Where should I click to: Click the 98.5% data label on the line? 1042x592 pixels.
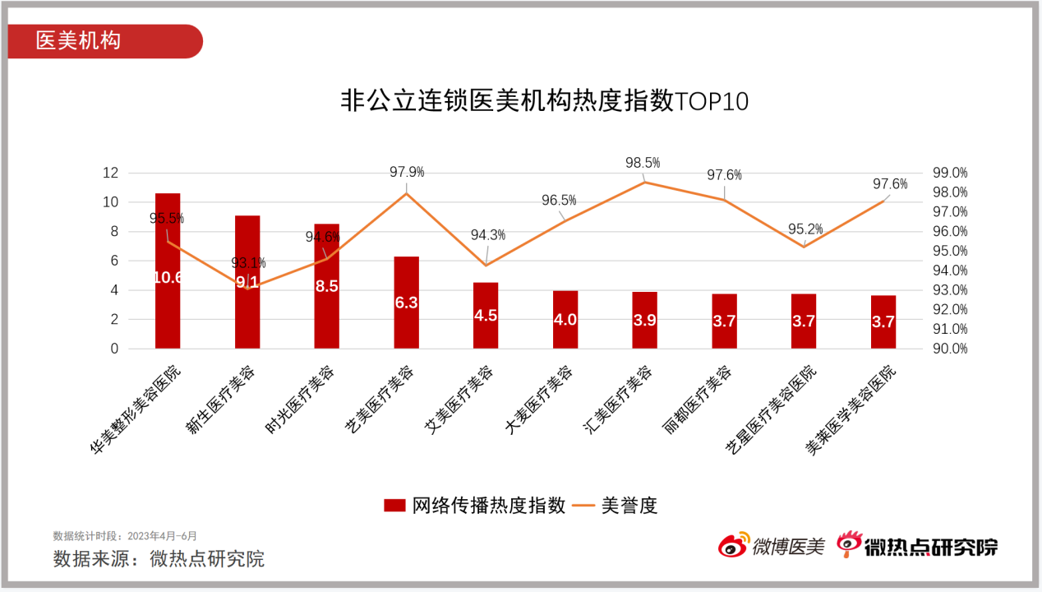coord(643,163)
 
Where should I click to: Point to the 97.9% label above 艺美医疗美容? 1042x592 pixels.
coord(407,172)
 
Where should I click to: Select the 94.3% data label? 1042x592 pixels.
coord(488,235)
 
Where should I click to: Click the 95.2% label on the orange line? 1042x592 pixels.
coord(805,229)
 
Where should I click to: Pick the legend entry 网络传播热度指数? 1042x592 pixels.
coord(474,506)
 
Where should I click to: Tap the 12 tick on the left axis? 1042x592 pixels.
coord(110,173)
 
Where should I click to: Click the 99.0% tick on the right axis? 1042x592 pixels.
coord(949,173)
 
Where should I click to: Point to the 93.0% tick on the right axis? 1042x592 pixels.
coord(949,289)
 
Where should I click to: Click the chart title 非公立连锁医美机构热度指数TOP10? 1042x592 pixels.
coord(544,101)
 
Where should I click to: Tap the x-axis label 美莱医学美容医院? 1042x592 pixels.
coord(851,409)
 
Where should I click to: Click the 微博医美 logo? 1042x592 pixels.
coord(772,545)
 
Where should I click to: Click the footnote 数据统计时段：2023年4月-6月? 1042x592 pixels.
coord(125,535)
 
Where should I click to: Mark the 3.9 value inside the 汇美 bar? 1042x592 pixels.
coord(644,321)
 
